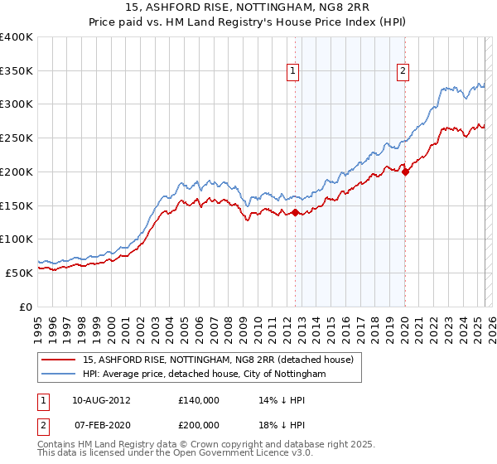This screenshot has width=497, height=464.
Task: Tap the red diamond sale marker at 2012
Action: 295,213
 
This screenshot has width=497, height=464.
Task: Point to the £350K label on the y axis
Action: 17,71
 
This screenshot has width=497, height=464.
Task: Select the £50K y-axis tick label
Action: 20,273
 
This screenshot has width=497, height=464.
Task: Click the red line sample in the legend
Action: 60,360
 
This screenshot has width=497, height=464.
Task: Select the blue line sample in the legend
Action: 60,375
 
